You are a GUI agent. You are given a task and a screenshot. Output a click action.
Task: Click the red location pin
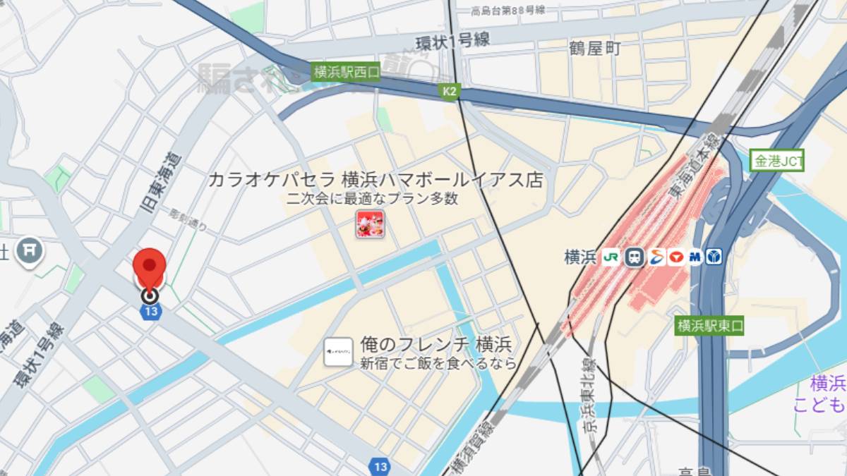click(x=150, y=267)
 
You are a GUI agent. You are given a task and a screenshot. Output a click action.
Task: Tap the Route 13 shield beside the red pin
click(x=150, y=312)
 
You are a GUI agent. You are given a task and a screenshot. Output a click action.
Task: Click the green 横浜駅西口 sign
click(x=346, y=71)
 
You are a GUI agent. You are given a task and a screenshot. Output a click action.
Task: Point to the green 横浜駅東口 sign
click(x=709, y=326)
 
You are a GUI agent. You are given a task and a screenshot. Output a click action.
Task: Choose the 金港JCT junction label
click(x=778, y=161)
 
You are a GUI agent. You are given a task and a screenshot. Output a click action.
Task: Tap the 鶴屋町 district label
click(x=595, y=48)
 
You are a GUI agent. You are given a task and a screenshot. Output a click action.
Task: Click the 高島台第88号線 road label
click(x=508, y=10)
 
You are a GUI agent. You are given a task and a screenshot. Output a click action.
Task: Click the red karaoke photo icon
click(x=370, y=224)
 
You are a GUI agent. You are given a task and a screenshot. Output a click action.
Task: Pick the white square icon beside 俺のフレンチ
click(x=338, y=351)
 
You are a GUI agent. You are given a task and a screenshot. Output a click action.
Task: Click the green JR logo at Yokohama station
click(x=611, y=257)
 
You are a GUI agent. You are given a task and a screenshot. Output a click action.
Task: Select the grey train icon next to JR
click(x=635, y=257)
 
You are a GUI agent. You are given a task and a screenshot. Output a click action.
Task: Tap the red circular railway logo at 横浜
click(x=675, y=257)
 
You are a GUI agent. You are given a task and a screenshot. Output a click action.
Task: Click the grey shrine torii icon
click(x=30, y=250)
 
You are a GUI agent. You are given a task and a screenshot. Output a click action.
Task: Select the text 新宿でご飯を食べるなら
click(x=438, y=364)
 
